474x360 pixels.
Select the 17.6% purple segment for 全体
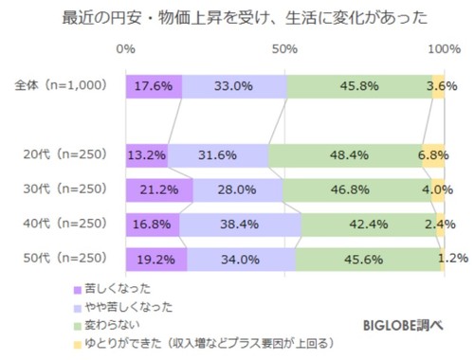pos(153,85)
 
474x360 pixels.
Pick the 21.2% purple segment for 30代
pos(158,189)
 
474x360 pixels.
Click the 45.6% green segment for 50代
pos(368,258)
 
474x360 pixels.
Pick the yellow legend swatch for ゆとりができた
pos(76,343)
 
